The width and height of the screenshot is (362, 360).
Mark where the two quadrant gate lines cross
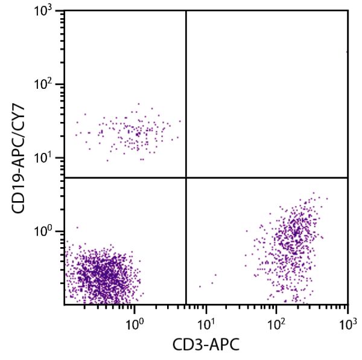[x=186, y=178]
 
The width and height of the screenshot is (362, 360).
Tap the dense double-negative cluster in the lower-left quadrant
[x=103, y=275]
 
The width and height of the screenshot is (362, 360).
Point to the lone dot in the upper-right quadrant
[x=347, y=52]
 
